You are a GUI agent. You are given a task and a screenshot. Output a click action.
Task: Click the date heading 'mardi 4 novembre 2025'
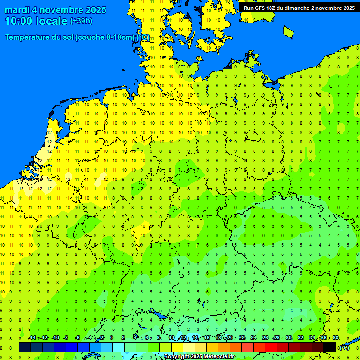click(55, 10)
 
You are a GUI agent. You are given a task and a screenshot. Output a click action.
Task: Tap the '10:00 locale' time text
click(36, 21)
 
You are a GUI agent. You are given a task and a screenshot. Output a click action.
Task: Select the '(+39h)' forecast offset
click(81, 21)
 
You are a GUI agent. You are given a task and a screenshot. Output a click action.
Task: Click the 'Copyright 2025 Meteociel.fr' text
click(199, 357)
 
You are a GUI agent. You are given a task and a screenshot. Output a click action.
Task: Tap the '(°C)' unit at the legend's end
click(344, 347)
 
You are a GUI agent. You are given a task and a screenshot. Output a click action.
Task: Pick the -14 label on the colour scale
click(32, 338)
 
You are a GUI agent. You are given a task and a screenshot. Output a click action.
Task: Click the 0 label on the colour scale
click(112, 338)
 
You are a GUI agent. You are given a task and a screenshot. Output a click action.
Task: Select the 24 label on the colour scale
click(253, 338)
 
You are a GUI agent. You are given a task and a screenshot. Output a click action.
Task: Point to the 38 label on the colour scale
click(335, 338)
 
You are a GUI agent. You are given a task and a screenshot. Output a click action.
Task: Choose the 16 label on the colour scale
click(206, 338)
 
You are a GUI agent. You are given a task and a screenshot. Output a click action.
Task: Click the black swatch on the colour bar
click(330, 347)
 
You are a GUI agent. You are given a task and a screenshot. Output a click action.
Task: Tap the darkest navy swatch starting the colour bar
click(24, 347)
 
